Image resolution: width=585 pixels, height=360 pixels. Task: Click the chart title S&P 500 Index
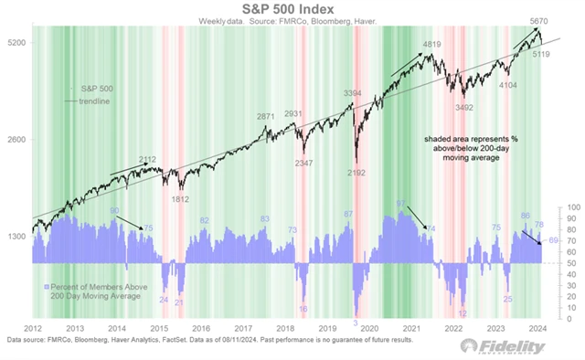point(292,7)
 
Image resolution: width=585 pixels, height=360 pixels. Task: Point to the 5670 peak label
point(528,21)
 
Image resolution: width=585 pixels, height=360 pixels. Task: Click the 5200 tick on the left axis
point(15,42)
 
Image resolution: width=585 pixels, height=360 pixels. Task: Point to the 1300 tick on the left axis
point(15,237)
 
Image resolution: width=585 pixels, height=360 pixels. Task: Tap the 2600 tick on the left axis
point(15,140)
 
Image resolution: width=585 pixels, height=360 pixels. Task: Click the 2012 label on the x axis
point(33,327)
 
